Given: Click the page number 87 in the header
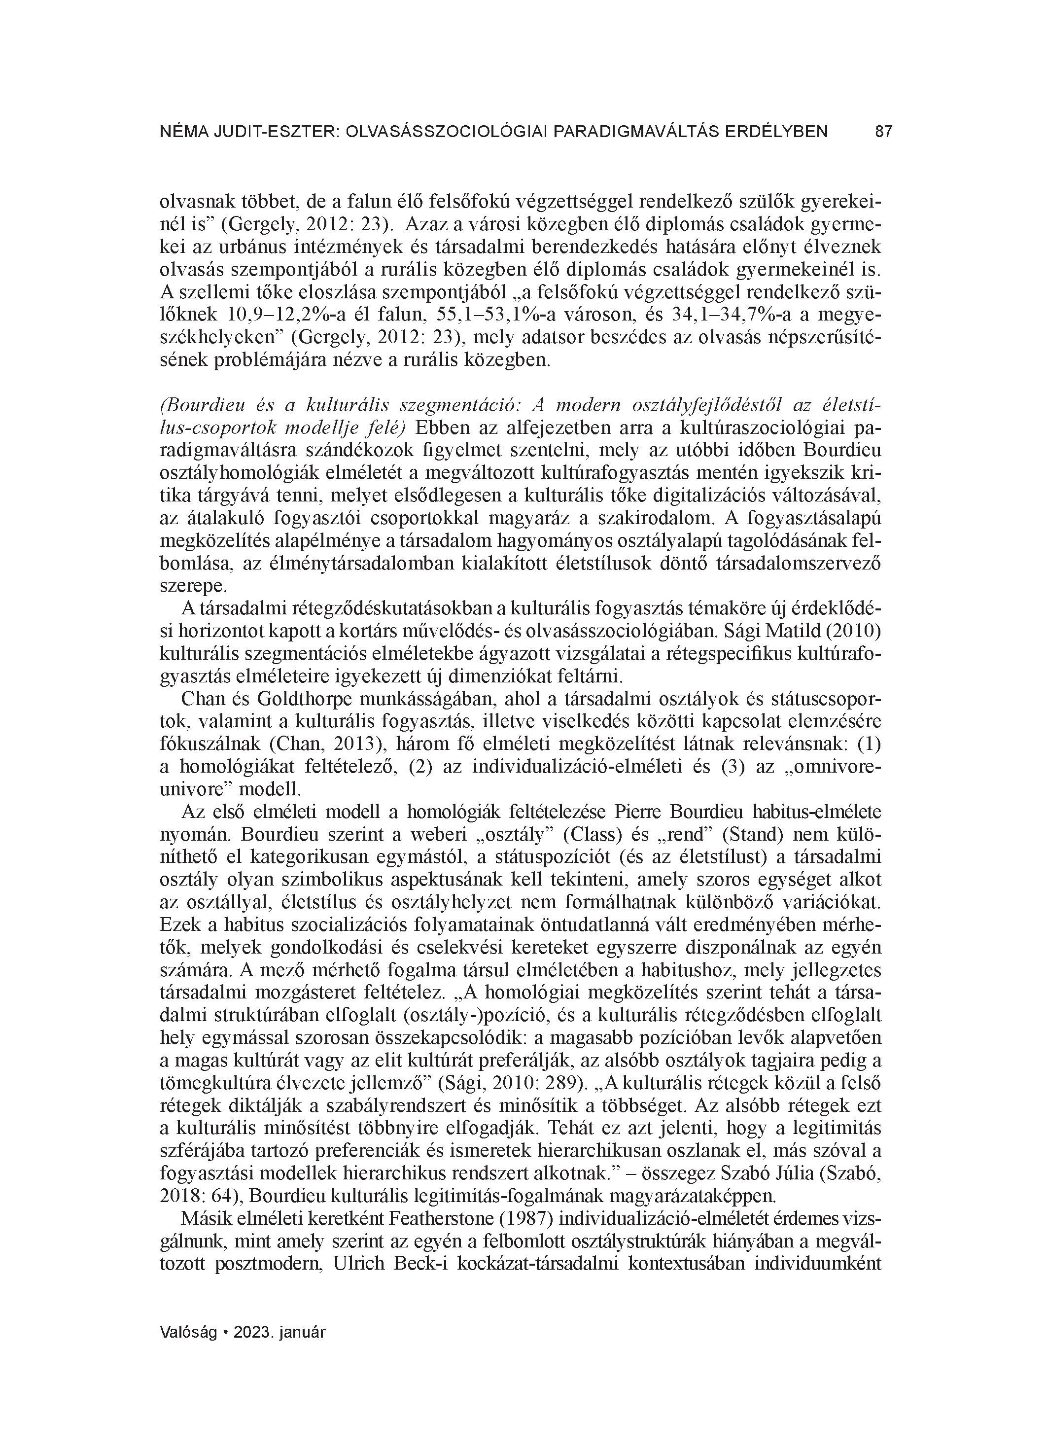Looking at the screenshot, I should (x=883, y=132).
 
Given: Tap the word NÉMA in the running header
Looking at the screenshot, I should (x=181, y=132).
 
